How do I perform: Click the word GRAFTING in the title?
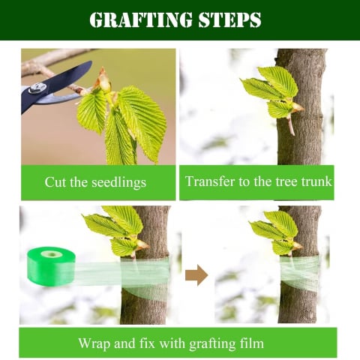(x=141, y=19)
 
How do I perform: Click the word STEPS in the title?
(x=230, y=19)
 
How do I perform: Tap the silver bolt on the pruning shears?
(x=37, y=88)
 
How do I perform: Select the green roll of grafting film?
(x=51, y=266)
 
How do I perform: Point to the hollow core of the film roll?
(x=52, y=254)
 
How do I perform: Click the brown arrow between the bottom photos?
(x=196, y=275)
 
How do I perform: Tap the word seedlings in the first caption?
(x=118, y=182)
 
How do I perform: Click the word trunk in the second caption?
(x=316, y=181)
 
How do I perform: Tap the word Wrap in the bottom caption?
(x=94, y=343)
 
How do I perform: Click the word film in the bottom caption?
(x=252, y=343)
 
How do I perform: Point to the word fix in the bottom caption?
(x=148, y=343)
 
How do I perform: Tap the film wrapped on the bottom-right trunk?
(x=300, y=273)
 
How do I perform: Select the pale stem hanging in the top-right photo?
(x=290, y=125)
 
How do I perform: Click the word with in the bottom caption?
(x=172, y=343)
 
